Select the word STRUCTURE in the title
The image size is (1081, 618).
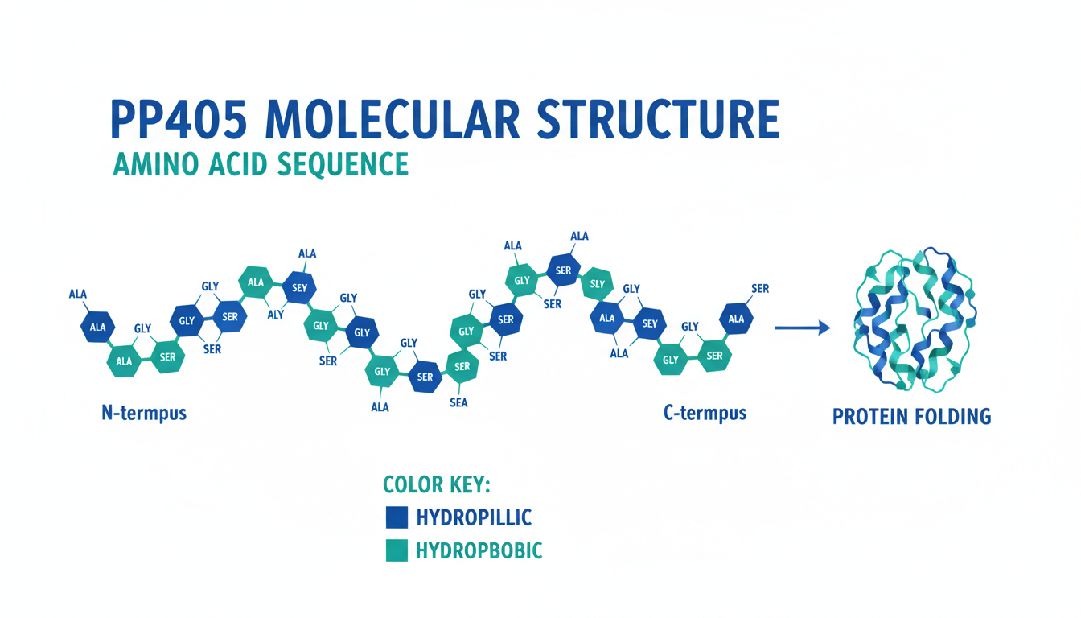click(657, 122)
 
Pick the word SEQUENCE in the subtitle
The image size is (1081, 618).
click(343, 163)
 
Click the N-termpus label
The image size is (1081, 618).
click(145, 414)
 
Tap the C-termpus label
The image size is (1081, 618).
click(705, 414)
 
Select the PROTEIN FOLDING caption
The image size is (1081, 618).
click(911, 417)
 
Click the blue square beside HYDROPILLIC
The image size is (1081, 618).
click(397, 517)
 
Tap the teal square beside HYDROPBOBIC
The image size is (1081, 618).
click(397, 550)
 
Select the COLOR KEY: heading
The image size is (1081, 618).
click(437, 484)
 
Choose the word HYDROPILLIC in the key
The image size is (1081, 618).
click(474, 517)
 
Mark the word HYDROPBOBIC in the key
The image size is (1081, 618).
click(479, 550)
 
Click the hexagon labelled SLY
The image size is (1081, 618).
click(597, 283)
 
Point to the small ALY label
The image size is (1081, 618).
click(275, 315)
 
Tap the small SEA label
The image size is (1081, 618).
click(458, 403)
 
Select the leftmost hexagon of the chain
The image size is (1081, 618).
click(97, 327)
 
